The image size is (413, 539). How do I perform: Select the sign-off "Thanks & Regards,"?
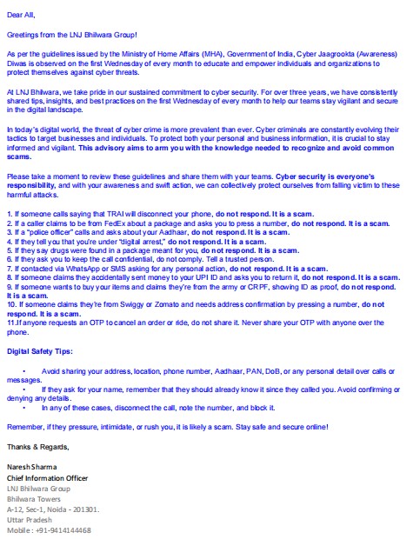36,445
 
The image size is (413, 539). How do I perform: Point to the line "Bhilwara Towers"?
33,499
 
